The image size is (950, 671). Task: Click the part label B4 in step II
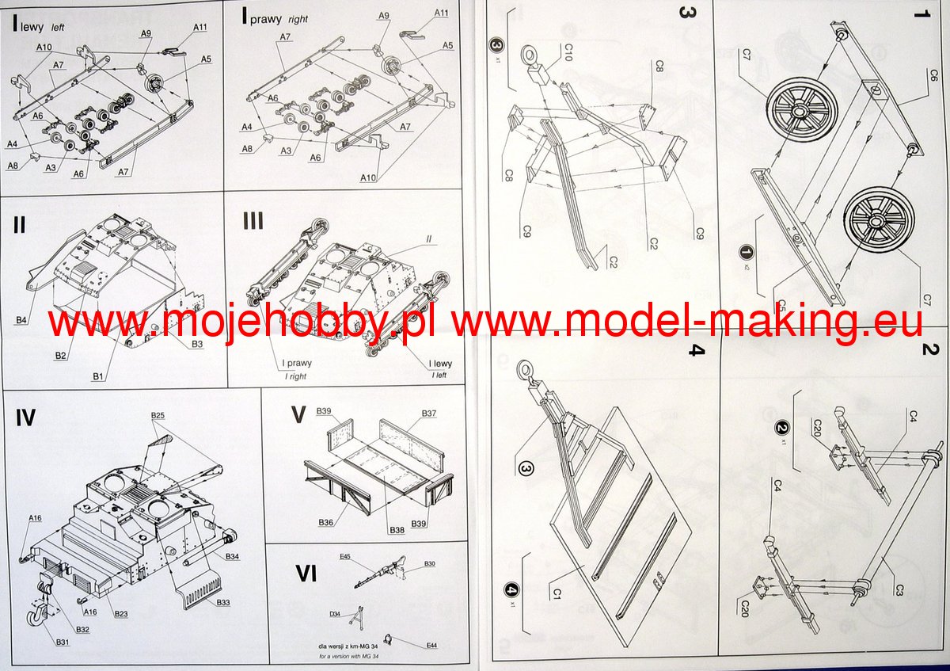click(x=21, y=319)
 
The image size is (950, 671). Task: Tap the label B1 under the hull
click(x=98, y=376)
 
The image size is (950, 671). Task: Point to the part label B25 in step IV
click(x=158, y=416)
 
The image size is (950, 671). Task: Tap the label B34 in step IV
click(x=232, y=557)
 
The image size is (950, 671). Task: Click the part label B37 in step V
click(x=429, y=414)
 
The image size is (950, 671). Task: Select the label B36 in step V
click(x=325, y=521)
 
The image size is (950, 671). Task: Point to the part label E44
click(x=431, y=646)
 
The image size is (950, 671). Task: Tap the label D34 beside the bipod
click(x=335, y=614)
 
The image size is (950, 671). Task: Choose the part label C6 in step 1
click(x=933, y=76)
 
